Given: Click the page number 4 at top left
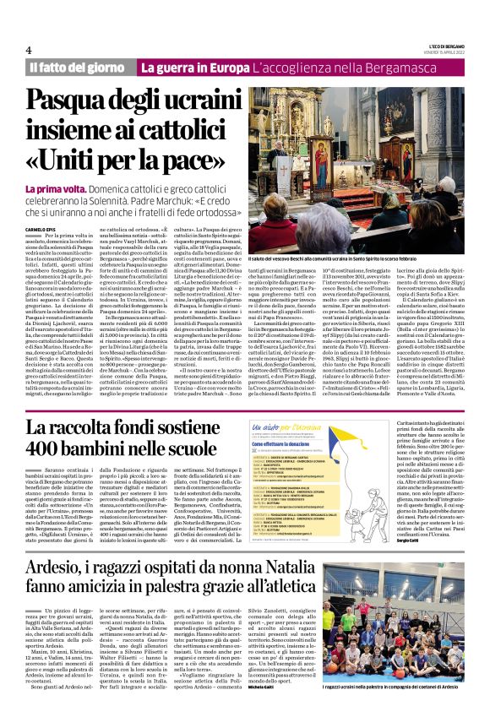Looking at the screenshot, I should (x=29, y=49).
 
